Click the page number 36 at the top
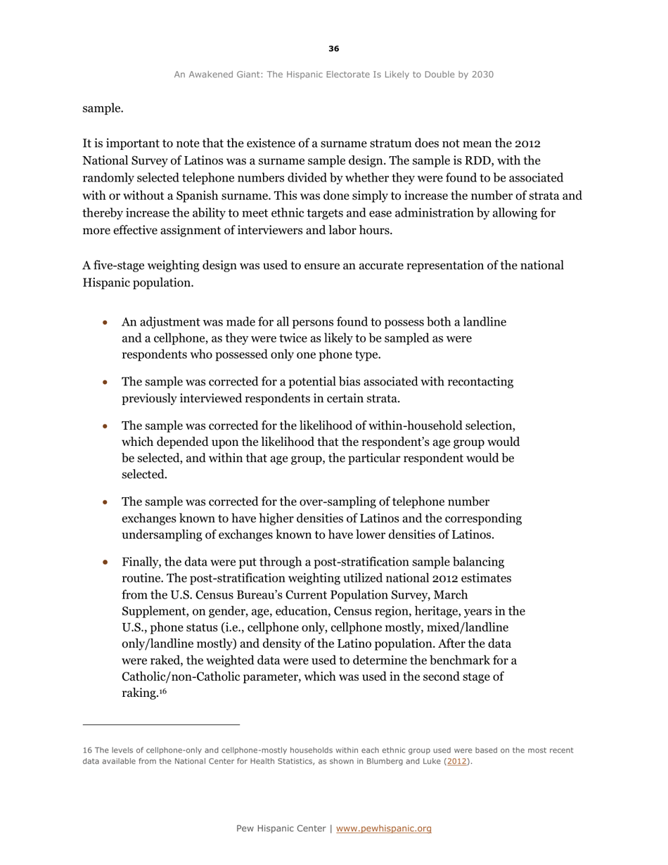click(x=333, y=49)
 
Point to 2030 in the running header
click(x=482, y=75)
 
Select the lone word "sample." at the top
click(x=103, y=108)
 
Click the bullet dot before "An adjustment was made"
click(x=105, y=323)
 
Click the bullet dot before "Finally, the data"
click(x=105, y=563)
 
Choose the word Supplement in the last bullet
click(x=152, y=611)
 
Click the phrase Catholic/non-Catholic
click(x=184, y=677)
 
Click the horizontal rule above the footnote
click(x=161, y=724)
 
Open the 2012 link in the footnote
click(x=456, y=762)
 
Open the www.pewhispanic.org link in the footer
click(x=383, y=828)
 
